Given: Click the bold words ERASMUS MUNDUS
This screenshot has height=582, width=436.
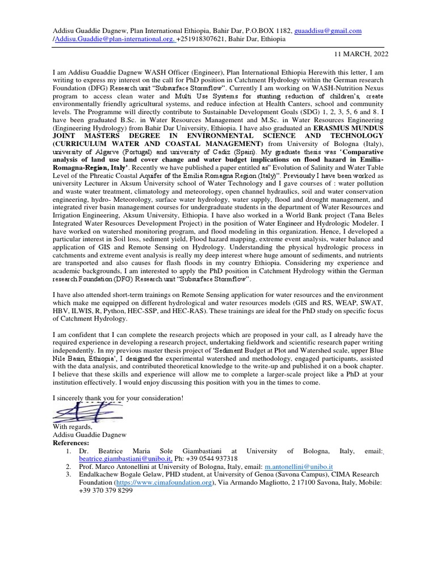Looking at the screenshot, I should [x=347, y=130].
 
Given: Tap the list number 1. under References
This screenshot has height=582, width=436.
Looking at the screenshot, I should [x=68, y=451].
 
